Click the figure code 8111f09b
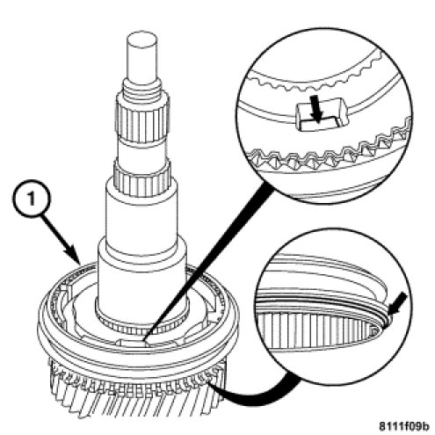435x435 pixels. tap(404, 426)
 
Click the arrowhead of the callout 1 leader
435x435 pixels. tap(76, 257)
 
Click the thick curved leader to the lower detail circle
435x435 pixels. tap(257, 394)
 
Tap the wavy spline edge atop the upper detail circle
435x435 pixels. tap(317, 79)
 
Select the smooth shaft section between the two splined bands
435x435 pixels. tap(142, 152)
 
